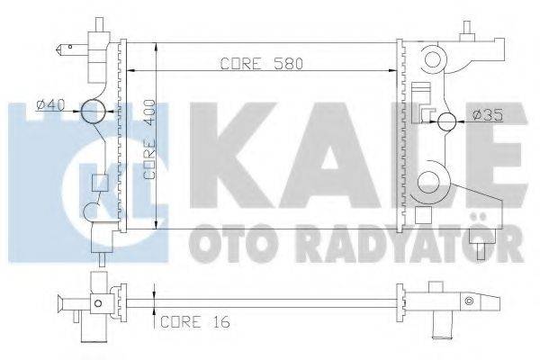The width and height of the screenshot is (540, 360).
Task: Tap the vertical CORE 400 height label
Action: pos(149,140)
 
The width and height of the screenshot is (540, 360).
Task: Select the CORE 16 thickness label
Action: pos(193,321)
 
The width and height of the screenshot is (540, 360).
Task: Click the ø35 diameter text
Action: pos(487,115)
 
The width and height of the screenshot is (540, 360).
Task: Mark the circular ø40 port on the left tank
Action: pos(93,112)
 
